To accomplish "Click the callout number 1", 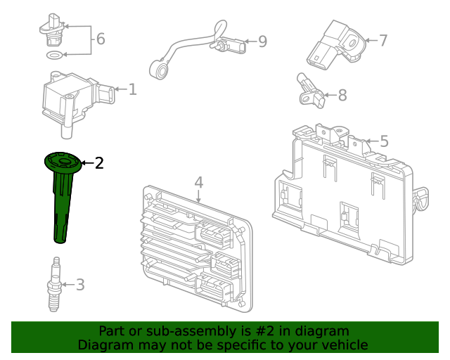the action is pyautogui.click(x=133, y=89).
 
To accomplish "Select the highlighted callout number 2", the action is pyautogui.click(x=99, y=163).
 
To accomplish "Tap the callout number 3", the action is pyautogui.click(x=80, y=285).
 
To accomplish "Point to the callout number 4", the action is pyautogui.click(x=198, y=183).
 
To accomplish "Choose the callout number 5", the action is pyautogui.click(x=385, y=141).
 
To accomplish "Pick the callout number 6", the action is pyautogui.click(x=101, y=39).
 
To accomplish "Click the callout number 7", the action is pyautogui.click(x=383, y=40).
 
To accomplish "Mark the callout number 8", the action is pyautogui.click(x=342, y=95).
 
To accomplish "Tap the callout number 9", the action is pyautogui.click(x=263, y=41).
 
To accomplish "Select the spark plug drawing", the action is pyautogui.click(x=55, y=284).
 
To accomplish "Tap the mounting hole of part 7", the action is pyautogui.click(x=352, y=44).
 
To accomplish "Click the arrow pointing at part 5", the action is pyautogui.click(x=373, y=141).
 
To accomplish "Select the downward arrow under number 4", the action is pyautogui.click(x=198, y=196).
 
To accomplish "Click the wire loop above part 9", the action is pyautogui.click(x=220, y=29).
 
